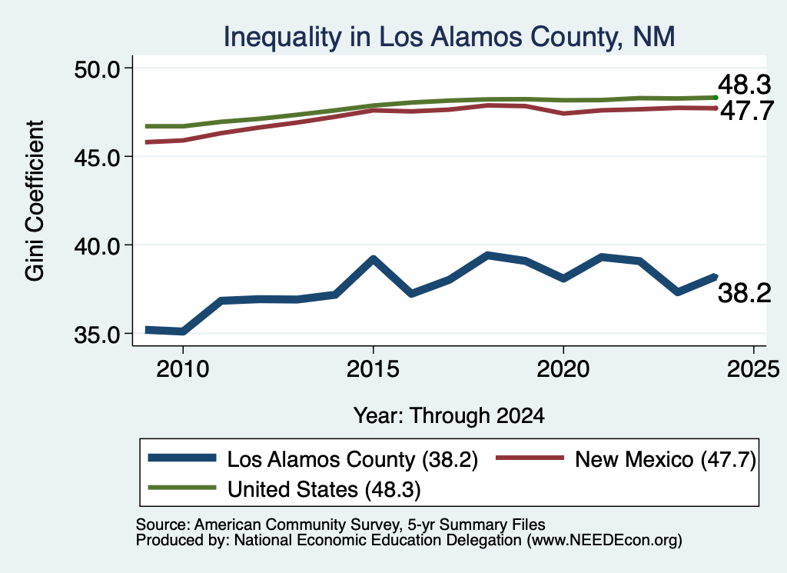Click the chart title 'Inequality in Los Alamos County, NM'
(449, 37)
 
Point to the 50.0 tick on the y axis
(98, 68)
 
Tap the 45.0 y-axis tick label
(98, 157)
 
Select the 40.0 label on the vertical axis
(98, 245)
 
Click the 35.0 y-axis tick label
(98, 335)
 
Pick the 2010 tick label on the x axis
(183, 369)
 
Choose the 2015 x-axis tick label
(373, 369)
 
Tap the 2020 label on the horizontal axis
(563, 369)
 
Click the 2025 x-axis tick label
(753, 369)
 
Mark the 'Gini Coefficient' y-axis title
(35, 201)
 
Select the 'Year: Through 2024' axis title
(449, 416)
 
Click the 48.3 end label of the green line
(744, 85)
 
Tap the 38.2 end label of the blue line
(744, 293)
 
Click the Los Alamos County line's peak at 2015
(373, 258)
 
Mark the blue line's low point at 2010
(183, 331)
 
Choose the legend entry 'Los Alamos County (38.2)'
(313, 459)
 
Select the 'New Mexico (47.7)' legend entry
(626, 459)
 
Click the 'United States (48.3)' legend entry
(284, 489)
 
